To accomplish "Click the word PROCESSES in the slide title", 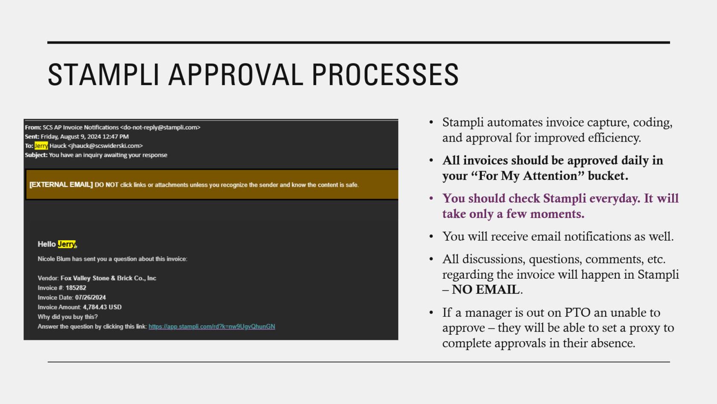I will (385, 75).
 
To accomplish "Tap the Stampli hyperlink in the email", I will (212, 327).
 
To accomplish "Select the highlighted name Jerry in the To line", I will (41, 146).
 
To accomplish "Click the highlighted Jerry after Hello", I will (67, 244).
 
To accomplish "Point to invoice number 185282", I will (76, 288).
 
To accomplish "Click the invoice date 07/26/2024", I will (90, 298).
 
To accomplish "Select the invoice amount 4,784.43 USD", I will (102, 307).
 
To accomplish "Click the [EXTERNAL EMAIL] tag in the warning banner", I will (61, 185).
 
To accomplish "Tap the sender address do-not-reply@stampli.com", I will (160, 127).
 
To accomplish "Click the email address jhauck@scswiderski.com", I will (105, 146).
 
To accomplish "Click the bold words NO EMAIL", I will (486, 290).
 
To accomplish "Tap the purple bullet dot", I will (431, 198).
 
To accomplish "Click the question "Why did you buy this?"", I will (67, 317).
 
